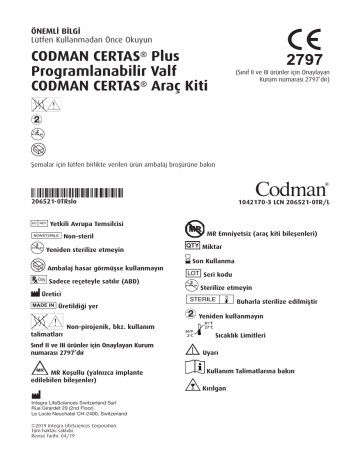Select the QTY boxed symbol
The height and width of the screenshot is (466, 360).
198,243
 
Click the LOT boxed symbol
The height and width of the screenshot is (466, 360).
197,271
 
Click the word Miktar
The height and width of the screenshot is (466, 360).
225,243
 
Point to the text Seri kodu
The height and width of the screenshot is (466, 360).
231,271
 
